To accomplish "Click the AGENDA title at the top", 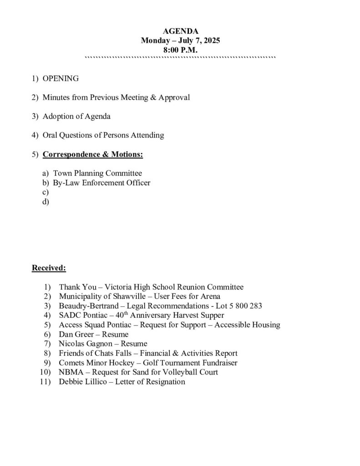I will (180, 31).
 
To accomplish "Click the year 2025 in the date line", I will (211, 41).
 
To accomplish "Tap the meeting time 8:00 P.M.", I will (180, 50).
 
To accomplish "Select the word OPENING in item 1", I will (61, 79).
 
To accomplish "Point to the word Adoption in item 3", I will (57, 116).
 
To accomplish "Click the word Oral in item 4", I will (50, 135).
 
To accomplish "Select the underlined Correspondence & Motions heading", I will (93, 154).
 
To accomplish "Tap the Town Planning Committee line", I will (97, 173).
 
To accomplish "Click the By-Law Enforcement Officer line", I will (101, 183).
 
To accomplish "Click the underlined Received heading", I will (49, 268).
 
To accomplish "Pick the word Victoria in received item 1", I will (119, 287).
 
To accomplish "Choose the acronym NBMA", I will (70, 372).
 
